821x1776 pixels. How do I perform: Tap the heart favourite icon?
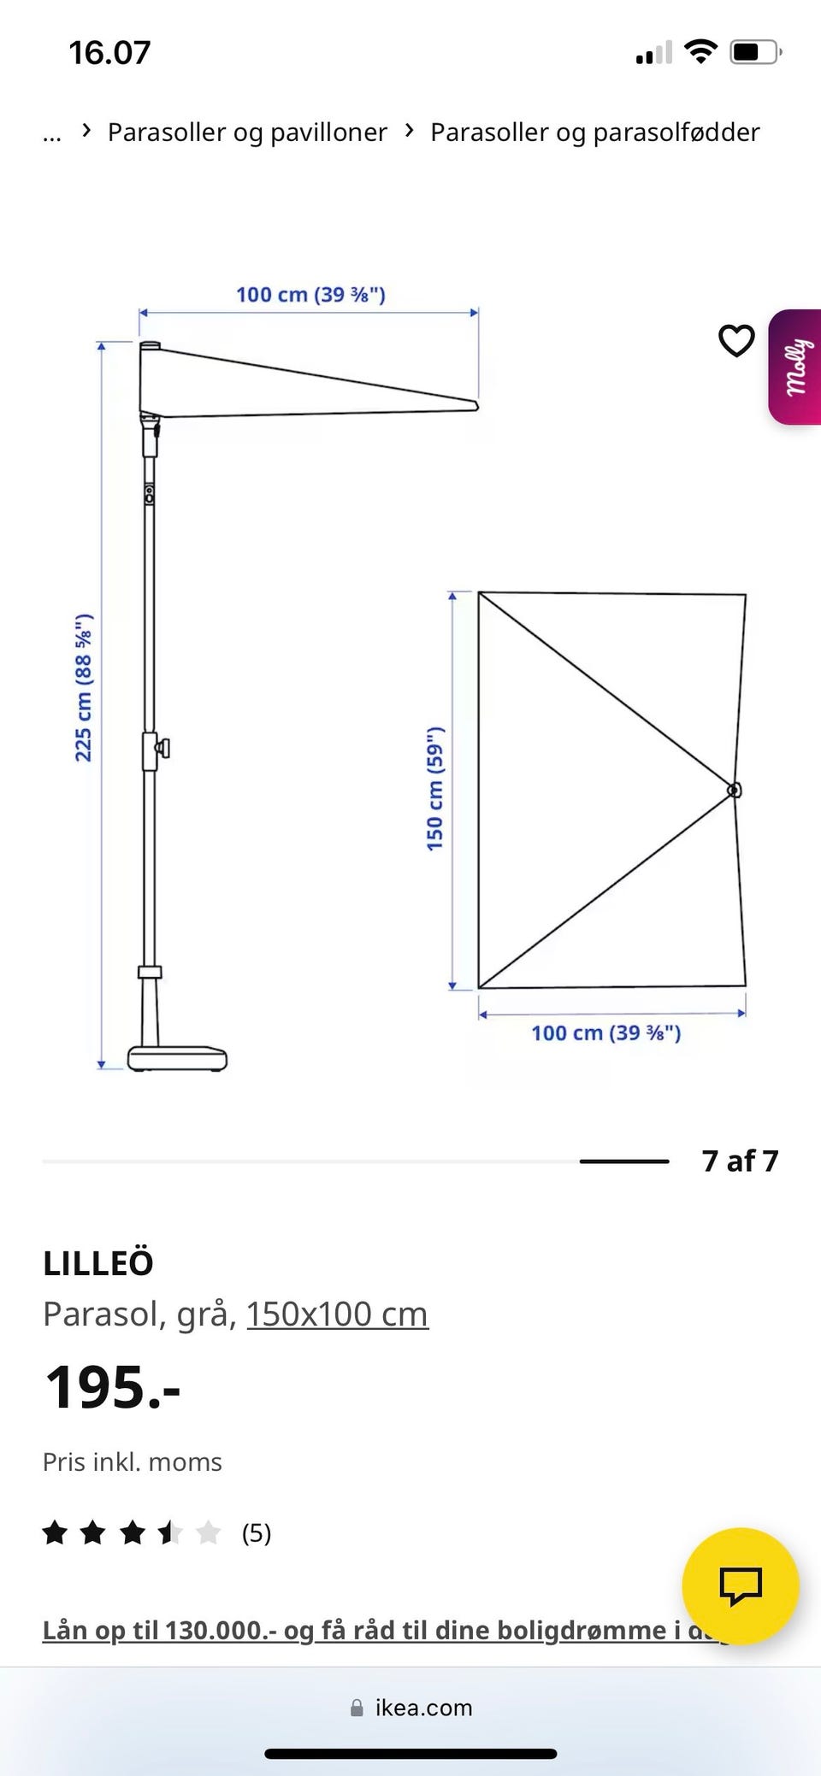(x=736, y=341)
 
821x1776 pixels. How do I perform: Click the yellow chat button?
(x=741, y=1586)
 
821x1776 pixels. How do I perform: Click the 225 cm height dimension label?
(x=83, y=687)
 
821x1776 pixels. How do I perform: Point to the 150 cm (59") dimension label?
(x=435, y=788)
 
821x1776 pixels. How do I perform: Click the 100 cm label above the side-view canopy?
(x=311, y=295)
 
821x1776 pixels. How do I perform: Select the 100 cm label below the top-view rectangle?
(x=606, y=1033)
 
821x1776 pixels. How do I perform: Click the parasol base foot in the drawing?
(x=178, y=1058)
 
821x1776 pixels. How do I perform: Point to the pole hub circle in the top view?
(x=734, y=791)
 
